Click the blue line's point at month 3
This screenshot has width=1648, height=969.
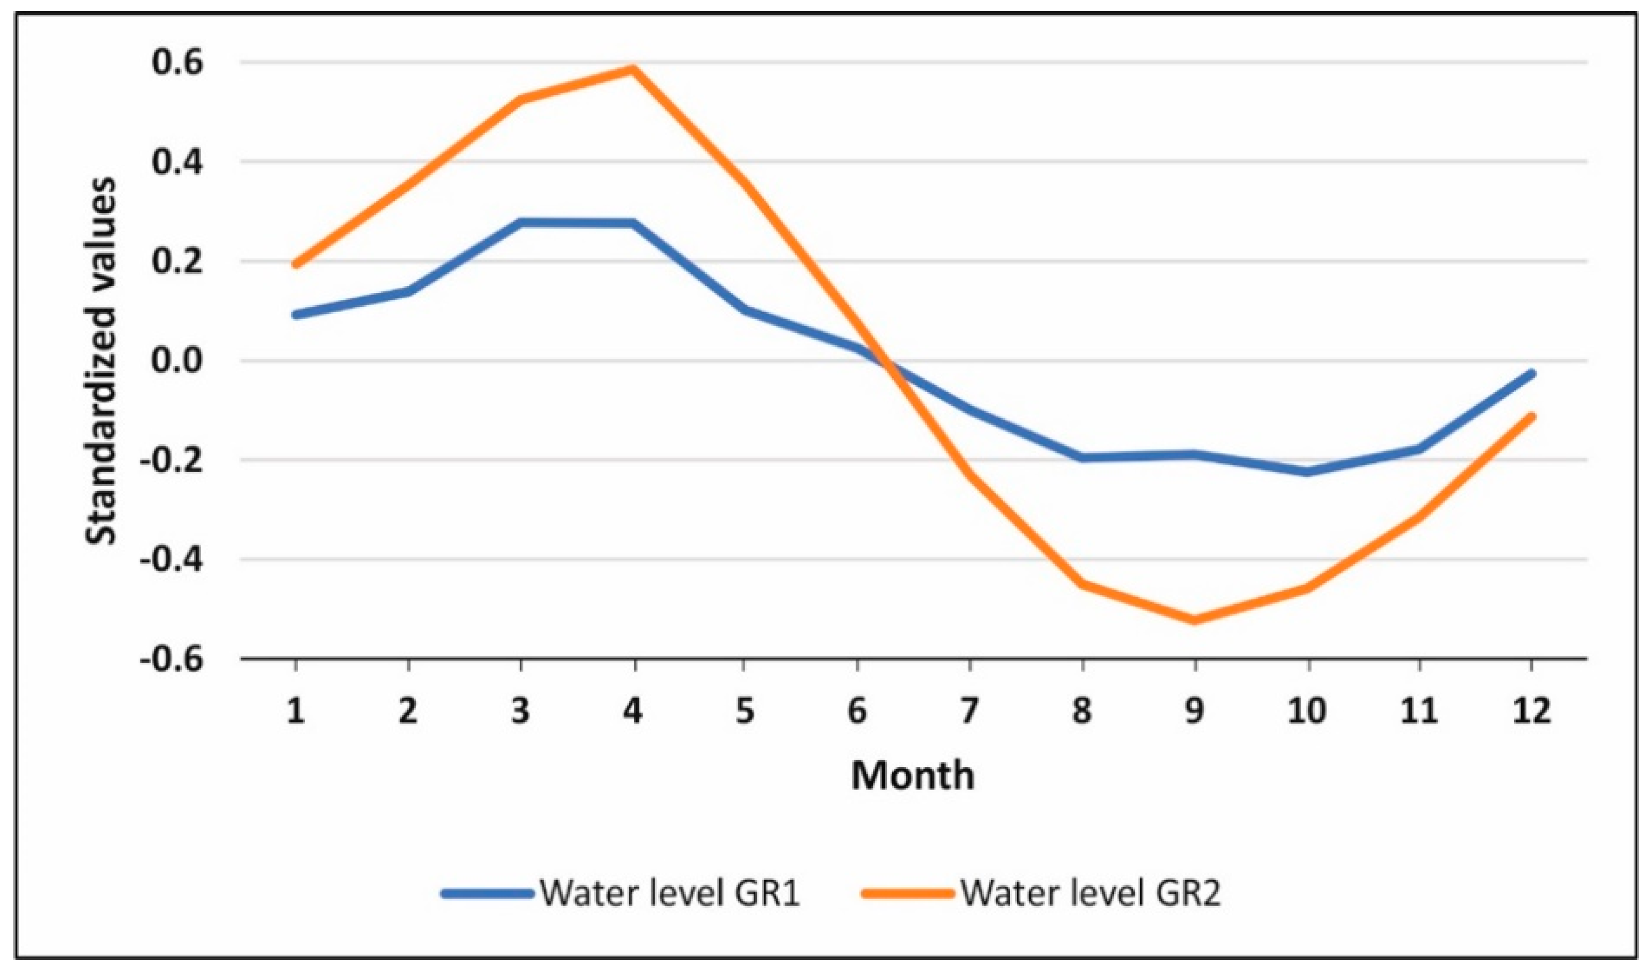tap(521, 222)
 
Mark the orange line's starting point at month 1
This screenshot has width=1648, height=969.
tap(296, 264)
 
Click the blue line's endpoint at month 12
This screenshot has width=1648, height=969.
tap(1531, 374)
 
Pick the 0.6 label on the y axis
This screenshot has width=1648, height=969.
tap(187, 63)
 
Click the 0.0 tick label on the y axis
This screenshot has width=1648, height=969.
tap(187, 361)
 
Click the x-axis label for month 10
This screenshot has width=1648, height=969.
tap(1307, 710)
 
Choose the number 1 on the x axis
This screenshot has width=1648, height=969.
tap(296, 710)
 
